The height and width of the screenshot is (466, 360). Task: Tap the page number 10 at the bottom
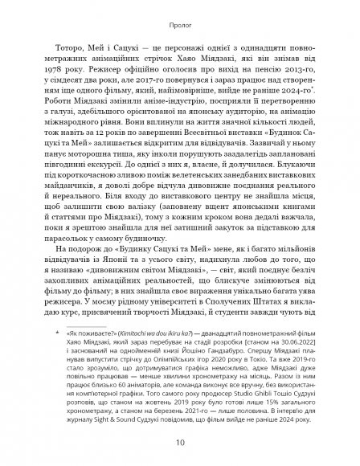[179, 440]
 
